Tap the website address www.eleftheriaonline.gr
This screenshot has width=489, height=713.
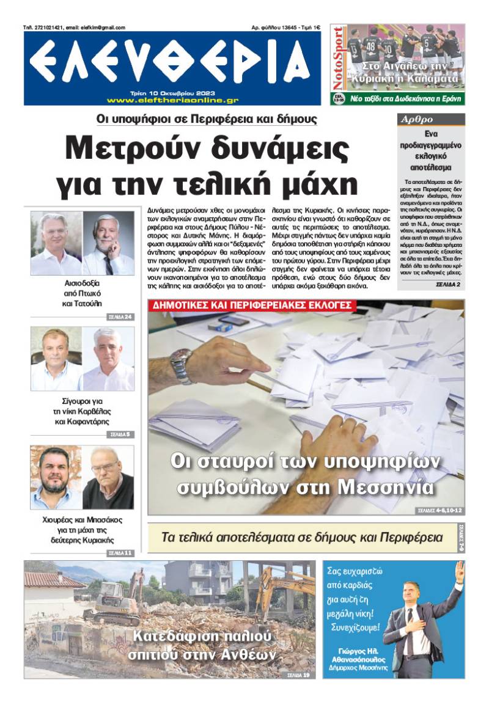click(x=172, y=100)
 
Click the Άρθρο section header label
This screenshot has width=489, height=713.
click(x=417, y=119)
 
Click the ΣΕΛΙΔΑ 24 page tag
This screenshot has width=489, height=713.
click(x=120, y=317)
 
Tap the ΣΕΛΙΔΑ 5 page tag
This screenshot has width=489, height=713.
click(x=120, y=434)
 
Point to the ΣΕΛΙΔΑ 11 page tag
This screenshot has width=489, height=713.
click(x=120, y=553)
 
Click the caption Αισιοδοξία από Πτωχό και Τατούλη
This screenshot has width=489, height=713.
click(x=82, y=293)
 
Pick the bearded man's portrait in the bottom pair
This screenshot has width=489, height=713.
click(x=56, y=477)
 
